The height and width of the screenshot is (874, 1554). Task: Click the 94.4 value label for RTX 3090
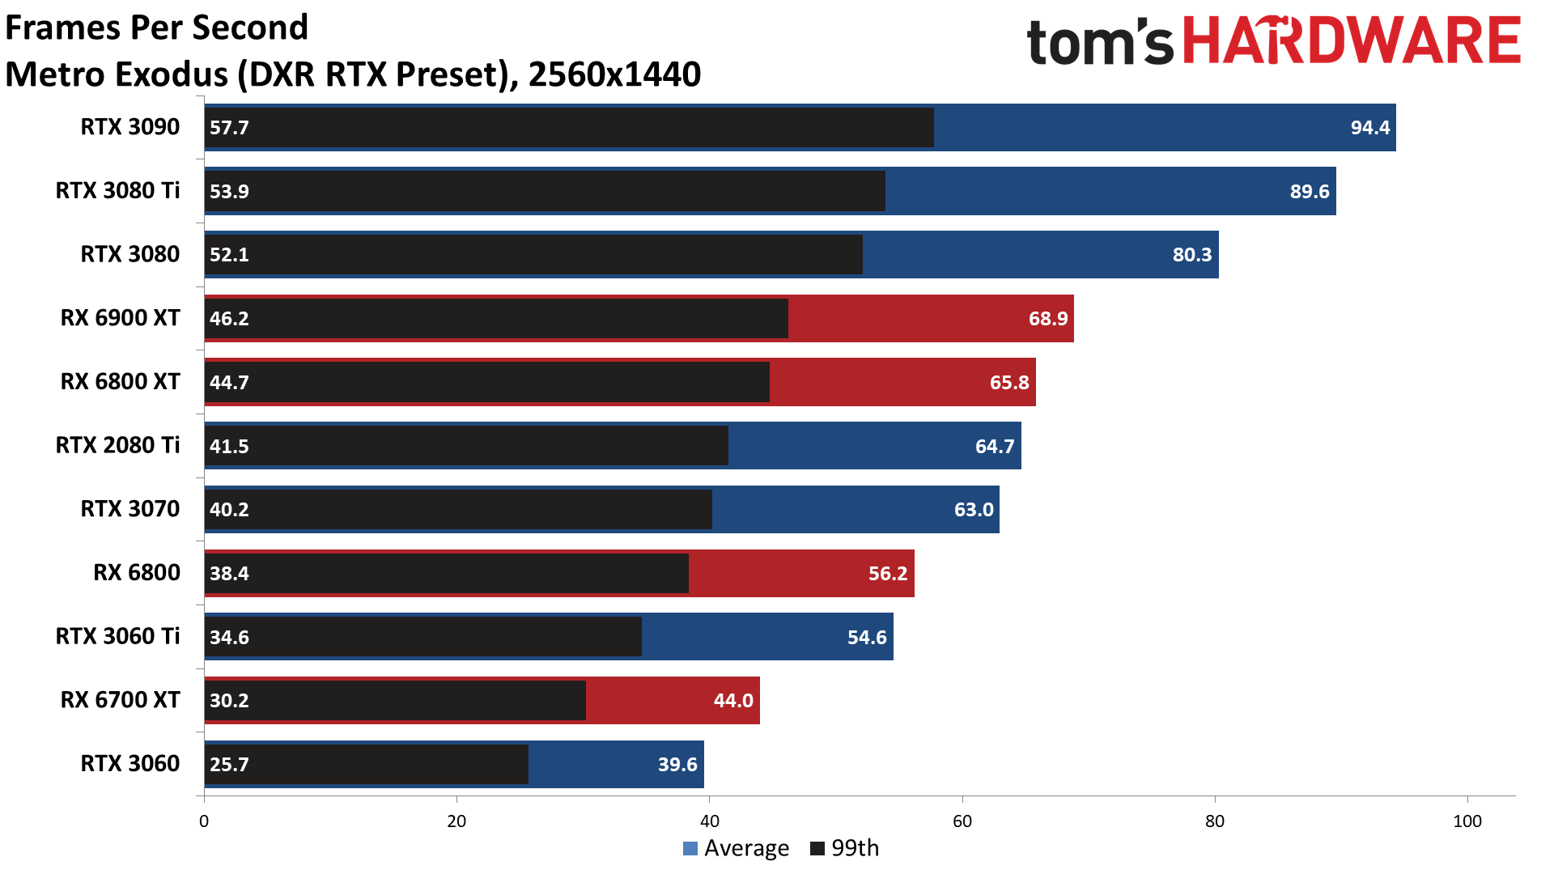(x=1369, y=128)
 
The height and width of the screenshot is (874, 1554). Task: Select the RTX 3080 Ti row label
(x=117, y=191)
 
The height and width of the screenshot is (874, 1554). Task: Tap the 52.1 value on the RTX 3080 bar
(x=229, y=255)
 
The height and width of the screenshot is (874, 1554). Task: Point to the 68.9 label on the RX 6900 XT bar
(x=1048, y=319)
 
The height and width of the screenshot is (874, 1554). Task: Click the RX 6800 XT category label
(x=120, y=382)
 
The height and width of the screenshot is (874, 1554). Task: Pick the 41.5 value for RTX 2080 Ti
(x=229, y=447)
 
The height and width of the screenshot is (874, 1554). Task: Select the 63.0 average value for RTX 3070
(x=973, y=510)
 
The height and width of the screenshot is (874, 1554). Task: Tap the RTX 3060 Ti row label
(x=117, y=637)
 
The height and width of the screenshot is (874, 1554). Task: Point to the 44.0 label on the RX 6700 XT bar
(x=732, y=701)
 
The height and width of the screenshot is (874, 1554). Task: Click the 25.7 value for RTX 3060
(x=229, y=765)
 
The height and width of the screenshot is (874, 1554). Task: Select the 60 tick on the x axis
(x=962, y=821)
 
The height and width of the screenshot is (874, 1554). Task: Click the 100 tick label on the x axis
(x=1467, y=821)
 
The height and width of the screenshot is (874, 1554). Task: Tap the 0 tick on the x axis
(x=204, y=821)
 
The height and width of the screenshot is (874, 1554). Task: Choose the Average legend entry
(x=737, y=848)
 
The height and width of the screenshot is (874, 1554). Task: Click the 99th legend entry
(x=845, y=848)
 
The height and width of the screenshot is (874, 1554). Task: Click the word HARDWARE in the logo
(x=1352, y=42)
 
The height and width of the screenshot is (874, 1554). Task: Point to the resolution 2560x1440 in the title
(x=614, y=74)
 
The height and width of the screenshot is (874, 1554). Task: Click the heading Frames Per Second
(x=157, y=28)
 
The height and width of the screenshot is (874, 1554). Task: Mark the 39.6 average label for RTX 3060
(x=677, y=765)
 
